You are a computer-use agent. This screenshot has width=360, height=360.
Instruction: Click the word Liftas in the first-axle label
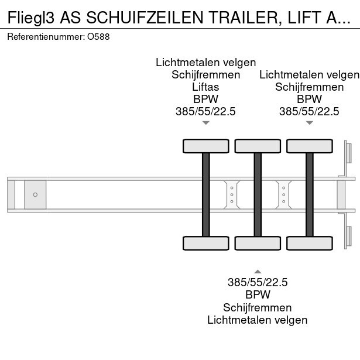point(205,87)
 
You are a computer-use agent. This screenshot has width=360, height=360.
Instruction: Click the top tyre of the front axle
point(206,146)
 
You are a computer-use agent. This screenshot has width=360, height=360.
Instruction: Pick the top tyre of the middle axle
point(258,146)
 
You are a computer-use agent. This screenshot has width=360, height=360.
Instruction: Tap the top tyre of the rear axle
point(309,146)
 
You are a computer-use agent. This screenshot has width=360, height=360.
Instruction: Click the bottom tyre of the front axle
point(206,244)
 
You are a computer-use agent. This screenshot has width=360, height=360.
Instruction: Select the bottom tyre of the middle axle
point(258,244)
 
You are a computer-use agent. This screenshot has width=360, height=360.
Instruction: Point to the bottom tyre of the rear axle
point(309,244)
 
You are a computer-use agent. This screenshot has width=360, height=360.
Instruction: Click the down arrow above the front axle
point(205,123)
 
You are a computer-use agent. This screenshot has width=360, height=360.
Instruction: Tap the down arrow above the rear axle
point(309,123)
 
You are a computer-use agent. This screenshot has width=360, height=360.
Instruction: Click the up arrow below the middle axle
point(258,270)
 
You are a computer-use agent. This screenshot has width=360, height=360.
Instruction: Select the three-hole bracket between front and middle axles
point(232,194)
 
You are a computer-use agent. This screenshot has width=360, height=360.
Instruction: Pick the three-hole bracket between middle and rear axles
point(284,194)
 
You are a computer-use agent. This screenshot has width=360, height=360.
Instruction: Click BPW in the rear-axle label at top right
point(309,99)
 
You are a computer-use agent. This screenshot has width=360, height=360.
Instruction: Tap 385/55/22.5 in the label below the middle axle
point(258,282)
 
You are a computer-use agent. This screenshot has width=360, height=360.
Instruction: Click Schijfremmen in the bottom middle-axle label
point(258,307)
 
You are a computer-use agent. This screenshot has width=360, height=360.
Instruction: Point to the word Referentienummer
point(46,36)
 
